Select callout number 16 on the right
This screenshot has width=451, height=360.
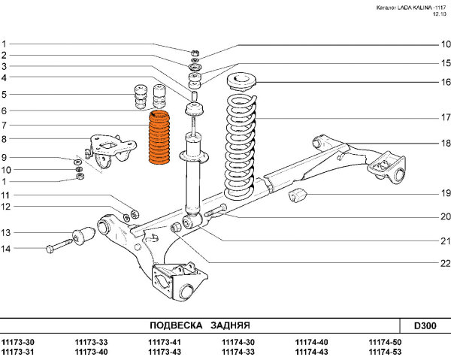tap(445, 81)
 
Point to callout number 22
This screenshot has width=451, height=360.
tap(445, 263)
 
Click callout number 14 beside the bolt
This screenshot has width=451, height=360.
tap(5, 248)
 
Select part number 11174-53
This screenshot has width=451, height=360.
tap(385, 352)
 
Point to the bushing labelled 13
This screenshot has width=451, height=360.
tap(84, 236)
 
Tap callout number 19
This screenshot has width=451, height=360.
tap(445, 193)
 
